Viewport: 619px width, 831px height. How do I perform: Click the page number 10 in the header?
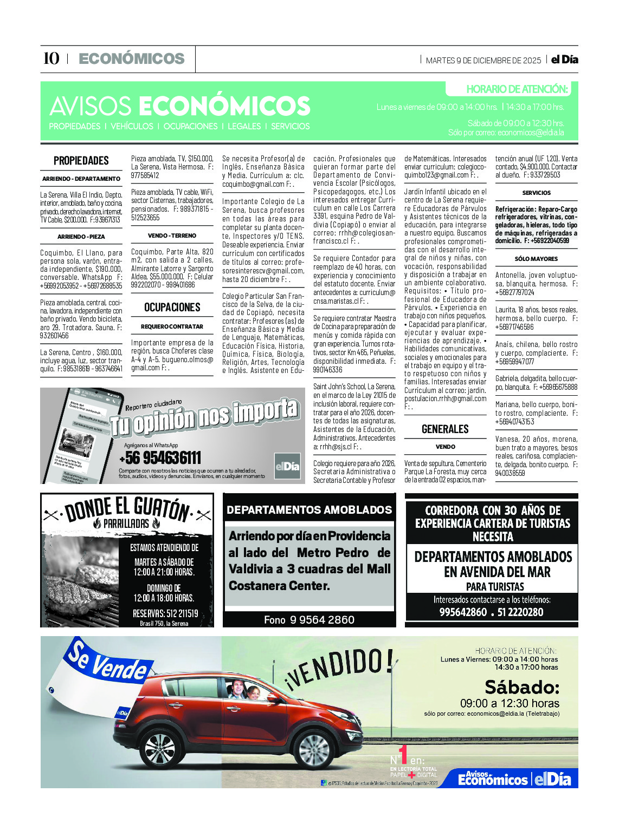(x=51, y=58)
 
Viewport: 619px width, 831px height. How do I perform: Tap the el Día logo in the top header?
(x=564, y=60)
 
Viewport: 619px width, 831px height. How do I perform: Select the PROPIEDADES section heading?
(x=81, y=161)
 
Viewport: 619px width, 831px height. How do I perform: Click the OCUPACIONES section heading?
(x=172, y=307)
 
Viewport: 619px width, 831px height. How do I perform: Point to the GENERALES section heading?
(x=445, y=429)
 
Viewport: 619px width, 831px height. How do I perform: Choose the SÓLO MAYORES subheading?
(x=536, y=259)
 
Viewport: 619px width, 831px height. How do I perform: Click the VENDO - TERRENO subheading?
(x=172, y=235)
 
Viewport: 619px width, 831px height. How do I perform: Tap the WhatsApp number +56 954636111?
(x=160, y=458)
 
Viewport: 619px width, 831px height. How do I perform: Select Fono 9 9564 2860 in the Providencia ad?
(x=309, y=620)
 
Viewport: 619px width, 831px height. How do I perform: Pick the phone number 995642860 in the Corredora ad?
(x=463, y=612)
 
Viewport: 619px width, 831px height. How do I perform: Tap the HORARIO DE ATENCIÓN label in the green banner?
(x=517, y=89)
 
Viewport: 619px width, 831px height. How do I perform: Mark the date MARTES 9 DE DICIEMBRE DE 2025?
(x=483, y=61)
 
